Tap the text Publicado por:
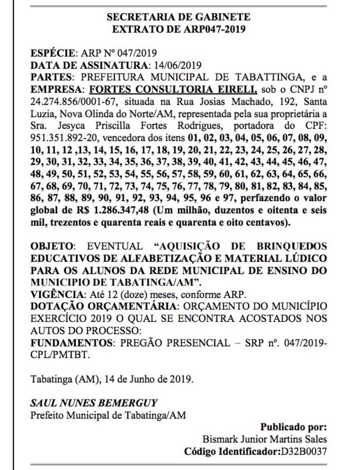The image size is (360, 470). tap(294, 427)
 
